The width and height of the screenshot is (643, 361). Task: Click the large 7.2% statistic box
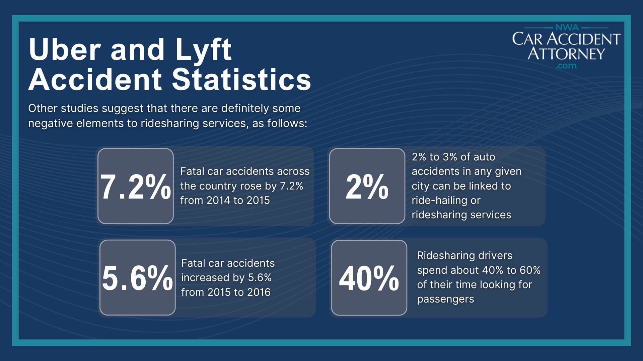click(x=136, y=186)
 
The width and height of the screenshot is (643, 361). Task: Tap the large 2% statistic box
click(x=367, y=186)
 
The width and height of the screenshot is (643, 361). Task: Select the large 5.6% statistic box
click(x=137, y=277)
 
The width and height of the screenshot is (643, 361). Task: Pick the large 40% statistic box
click(x=369, y=277)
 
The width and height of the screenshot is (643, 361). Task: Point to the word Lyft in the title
click(x=203, y=50)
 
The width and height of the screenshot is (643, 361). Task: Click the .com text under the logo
click(x=566, y=66)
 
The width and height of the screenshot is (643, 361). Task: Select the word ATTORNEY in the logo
click(x=566, y=53)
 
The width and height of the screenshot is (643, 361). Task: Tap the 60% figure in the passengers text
click(x=530, y=270)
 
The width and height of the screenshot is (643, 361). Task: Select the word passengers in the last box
click(x=445, y=299)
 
